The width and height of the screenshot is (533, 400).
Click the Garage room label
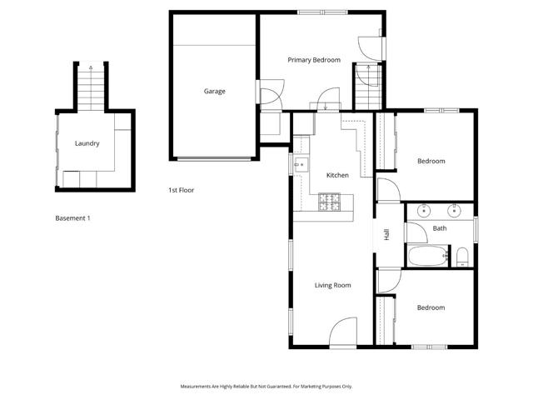(215, 92)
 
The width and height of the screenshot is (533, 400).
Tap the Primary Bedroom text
(314, 60)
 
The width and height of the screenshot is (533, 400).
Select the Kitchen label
(337, 175)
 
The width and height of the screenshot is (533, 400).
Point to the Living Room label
(332, 286)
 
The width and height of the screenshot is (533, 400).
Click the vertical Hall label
(386, 235)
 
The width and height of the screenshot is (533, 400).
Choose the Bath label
(440, 228)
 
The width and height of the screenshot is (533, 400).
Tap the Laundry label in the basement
(87, 143)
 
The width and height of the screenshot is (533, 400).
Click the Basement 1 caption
(72, 218)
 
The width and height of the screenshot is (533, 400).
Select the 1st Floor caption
(181, 190)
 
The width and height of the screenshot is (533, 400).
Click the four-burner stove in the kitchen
(330, 201)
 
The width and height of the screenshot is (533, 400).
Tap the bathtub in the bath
(427, 256)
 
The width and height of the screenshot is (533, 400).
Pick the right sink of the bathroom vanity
(456, 210)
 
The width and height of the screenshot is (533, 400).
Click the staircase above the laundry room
(90, 87)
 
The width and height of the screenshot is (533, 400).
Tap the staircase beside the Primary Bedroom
(366, 86)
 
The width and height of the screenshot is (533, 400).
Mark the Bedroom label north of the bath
(431, 161)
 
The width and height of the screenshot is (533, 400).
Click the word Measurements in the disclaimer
(200, 387)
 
